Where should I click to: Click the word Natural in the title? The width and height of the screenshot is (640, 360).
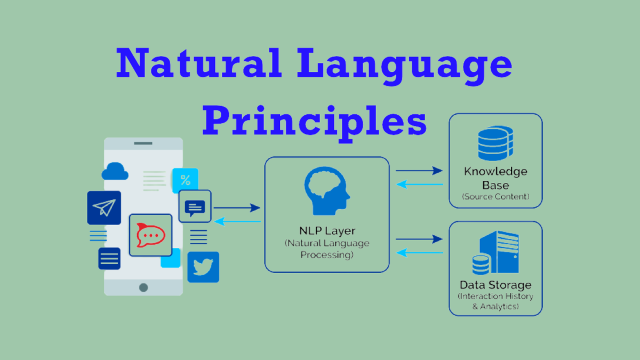199,63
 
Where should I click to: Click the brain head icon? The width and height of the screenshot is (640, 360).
327,191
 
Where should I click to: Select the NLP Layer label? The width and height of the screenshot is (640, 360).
327,230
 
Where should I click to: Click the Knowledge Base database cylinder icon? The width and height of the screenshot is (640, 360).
495,143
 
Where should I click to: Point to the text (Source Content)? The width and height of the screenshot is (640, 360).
495,197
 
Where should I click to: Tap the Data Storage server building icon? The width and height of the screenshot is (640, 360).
495,252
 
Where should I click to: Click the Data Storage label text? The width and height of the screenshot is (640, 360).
495,285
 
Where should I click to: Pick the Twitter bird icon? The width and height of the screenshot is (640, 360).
203,267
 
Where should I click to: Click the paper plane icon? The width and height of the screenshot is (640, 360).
104,207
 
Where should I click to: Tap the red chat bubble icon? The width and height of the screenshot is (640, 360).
150,235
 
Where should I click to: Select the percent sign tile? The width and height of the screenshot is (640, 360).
186,180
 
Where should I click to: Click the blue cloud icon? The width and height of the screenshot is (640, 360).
115,171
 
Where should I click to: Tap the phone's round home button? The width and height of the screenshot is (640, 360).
143,287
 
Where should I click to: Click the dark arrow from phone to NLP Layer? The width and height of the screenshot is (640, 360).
237,207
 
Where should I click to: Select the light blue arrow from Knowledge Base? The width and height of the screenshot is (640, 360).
419,185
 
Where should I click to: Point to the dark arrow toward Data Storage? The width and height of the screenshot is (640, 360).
419,239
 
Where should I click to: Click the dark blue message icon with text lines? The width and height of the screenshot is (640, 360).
195,206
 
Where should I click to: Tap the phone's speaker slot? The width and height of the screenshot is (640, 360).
143,143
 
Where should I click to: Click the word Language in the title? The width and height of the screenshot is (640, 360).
405,66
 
